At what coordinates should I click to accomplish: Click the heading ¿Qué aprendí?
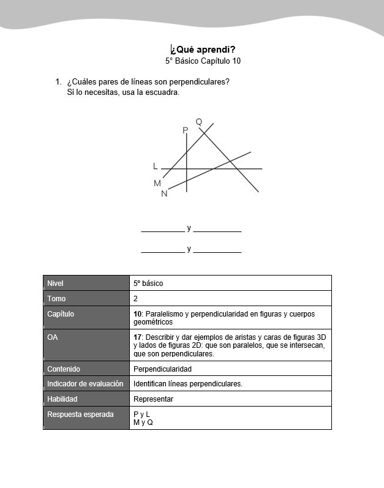(x=203, y=50)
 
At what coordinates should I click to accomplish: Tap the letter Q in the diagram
(x=199, y=122)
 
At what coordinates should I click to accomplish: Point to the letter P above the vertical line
(x=185, y=130)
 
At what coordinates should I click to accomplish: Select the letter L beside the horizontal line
(x=156, y=166)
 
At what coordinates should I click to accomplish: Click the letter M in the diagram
(x=157, y=183)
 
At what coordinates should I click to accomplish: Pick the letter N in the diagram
(x=164, y=193)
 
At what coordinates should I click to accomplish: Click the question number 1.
(x=58, y=81)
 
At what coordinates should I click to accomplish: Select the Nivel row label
(x=55, y=283)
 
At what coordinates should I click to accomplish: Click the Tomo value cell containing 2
(x=135, y=299)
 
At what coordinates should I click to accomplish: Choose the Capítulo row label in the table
(x=61, y=314)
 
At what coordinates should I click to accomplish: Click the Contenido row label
(x=64, y=369)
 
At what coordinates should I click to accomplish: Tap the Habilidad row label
(x=63, y=399)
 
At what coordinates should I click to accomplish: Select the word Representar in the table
(x=153, y=399)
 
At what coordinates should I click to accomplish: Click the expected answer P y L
(x=141, y=415)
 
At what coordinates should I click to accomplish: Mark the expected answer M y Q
(x=143, y=422)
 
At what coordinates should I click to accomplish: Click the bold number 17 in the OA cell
(x=137, y=337)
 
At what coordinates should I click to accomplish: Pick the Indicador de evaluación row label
(x=85, y=384)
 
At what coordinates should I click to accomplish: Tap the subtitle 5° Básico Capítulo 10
(x=203, y=61)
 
